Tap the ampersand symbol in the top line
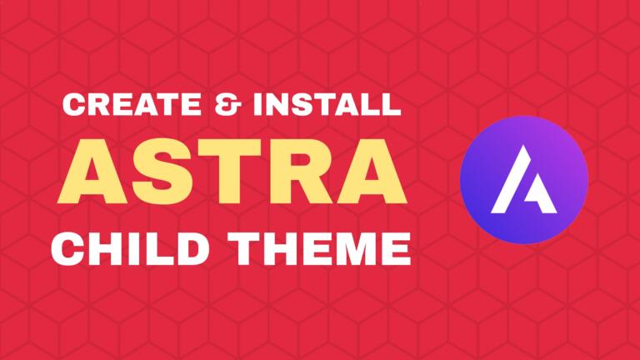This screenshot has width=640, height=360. coord(220,107)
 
